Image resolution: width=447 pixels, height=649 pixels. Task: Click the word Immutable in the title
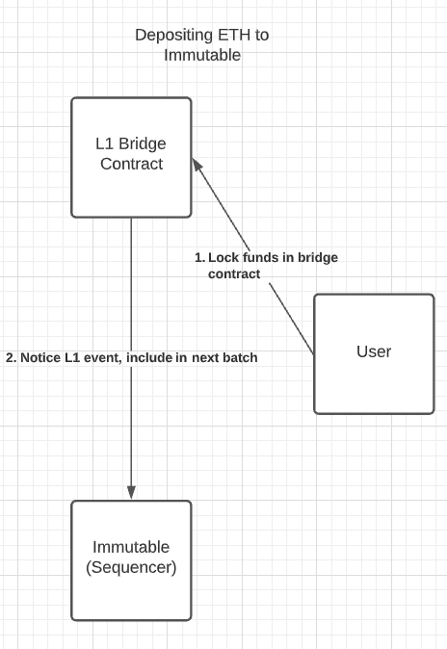click(x=202, y=56)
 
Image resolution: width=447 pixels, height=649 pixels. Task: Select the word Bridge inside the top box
click(x=143, y=143)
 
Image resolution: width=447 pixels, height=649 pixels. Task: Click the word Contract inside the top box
click(x=131, y=164)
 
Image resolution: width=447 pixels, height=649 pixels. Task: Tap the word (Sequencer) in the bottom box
click(x=131, y=567)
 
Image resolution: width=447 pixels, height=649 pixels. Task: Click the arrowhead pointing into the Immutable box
click(x=131, y=492)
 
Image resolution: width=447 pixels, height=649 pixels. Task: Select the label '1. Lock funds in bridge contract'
click(x=266, y=266)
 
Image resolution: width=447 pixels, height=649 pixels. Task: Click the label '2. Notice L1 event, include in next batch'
click(x=132, y=357)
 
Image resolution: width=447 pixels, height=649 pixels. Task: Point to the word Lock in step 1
click(x=223, y=258)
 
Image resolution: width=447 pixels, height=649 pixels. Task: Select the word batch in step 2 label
click(x=240, y=357)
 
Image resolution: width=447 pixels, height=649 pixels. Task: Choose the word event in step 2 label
click(x=103, y=357)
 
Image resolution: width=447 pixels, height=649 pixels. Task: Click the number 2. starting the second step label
click(x=12, y=357)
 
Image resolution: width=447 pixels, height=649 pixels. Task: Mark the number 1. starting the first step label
click(x=199, y=258)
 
